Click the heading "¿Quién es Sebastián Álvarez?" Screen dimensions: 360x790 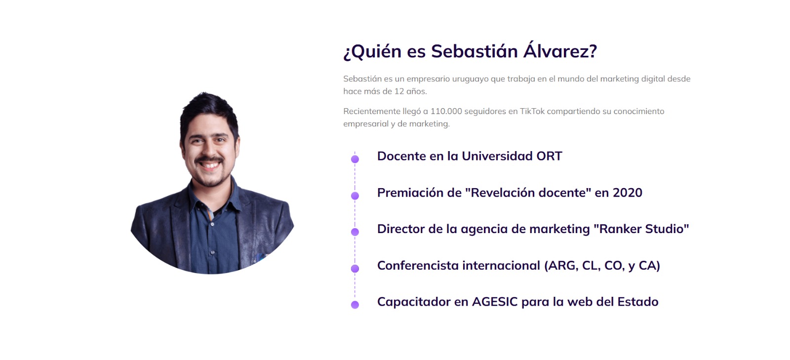tap(470, 51)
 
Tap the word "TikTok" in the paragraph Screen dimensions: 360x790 tap(532, 111)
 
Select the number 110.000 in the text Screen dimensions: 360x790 tap(446, 111)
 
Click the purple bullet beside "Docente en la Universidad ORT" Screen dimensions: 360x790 tap(355, 159)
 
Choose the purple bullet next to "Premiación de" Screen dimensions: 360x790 tap(355, 196)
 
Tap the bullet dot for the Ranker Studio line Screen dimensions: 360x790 tap(355, 232)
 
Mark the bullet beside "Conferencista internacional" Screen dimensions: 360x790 tap(355, 269)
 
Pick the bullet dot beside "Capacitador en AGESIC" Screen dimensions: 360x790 tap(355, 305)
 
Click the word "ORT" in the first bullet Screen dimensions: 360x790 tap(549, 156)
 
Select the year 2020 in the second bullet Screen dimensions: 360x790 tap(627, 193)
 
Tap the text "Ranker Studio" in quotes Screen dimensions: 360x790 tap(641, 229)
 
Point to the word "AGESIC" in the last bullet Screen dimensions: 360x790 tap(495, 302)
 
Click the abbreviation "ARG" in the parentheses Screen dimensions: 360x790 tap(562, 266)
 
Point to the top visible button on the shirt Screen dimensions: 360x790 tap(212, 224)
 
